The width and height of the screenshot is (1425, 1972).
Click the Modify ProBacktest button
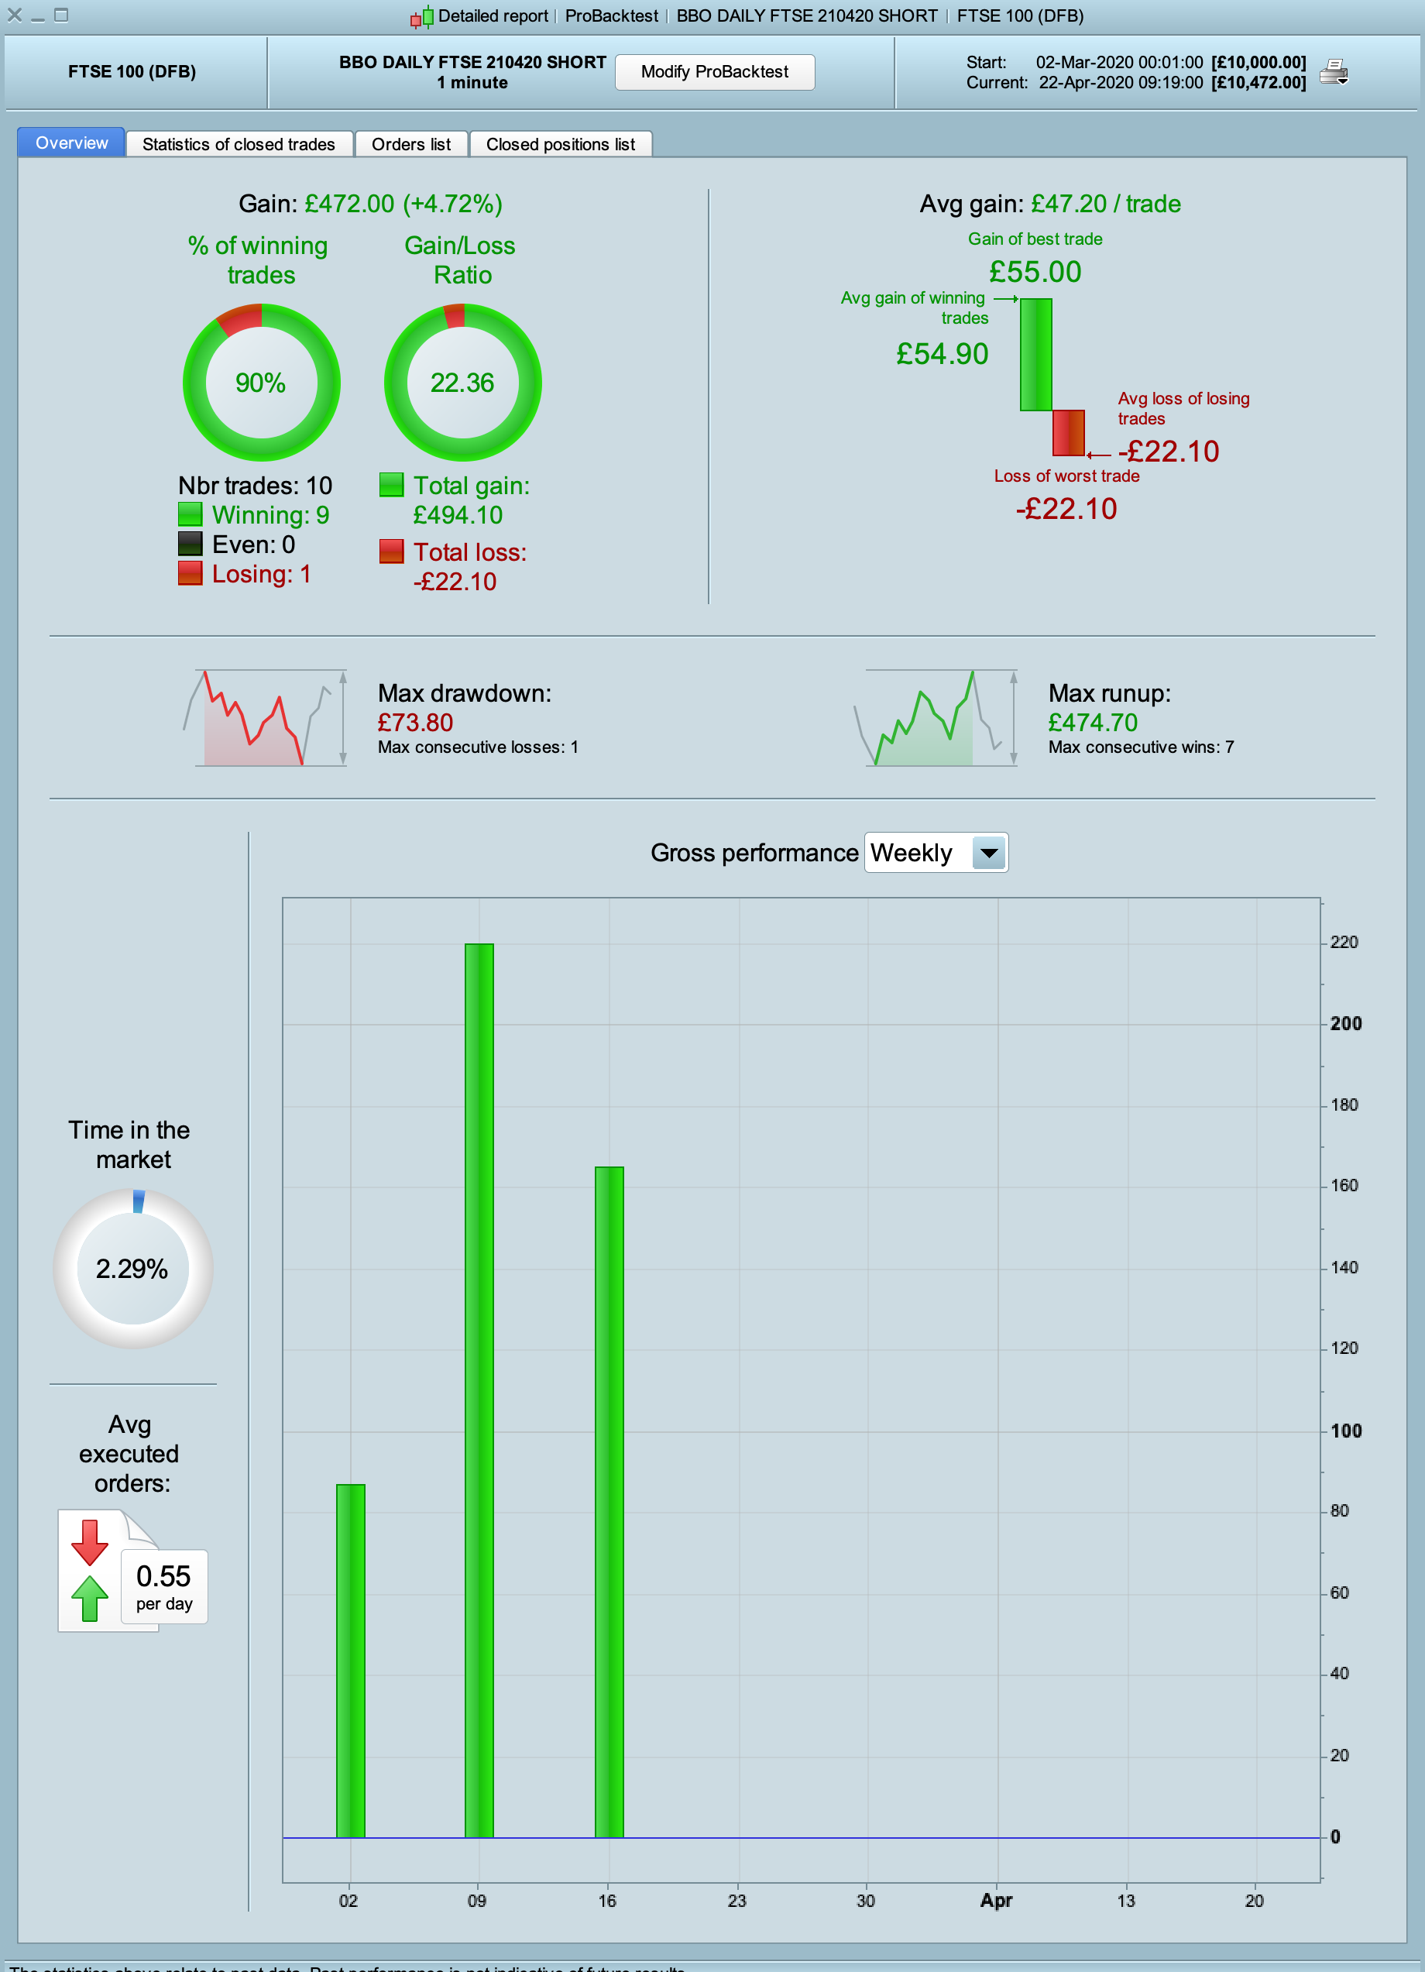(x=714, y=72)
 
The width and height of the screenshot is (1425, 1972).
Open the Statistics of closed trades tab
(x=239, y=144)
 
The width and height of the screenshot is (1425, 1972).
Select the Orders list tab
(x=410, y=144)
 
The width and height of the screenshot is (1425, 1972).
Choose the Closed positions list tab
(x=560, y=144)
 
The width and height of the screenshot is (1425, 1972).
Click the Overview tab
(x=71, y=143)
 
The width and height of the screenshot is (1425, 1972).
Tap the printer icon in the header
(x=1333, y=72)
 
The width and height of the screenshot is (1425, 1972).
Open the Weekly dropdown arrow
(x=988, y=853)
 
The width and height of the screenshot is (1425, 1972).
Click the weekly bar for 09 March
(x=479, y=1391)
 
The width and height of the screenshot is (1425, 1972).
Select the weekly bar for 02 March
(x=350, y=1661)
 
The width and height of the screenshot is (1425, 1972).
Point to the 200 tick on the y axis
(x=1345, y=1023)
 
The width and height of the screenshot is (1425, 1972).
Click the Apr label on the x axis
(x=997, y=1901)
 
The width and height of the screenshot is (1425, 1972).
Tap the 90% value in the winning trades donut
(x=261, y=383)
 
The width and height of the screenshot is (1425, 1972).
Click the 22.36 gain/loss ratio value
(x=462, y=383)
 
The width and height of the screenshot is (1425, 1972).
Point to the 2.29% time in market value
(x=132, y=1269)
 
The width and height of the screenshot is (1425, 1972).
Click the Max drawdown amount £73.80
(x=414, y=723)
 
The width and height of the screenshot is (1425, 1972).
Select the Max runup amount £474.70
(x=1092, y=723)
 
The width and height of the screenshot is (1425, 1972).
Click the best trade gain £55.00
(x=1035, y=272)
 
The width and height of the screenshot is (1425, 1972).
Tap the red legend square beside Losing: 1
(x=190, y=574)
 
